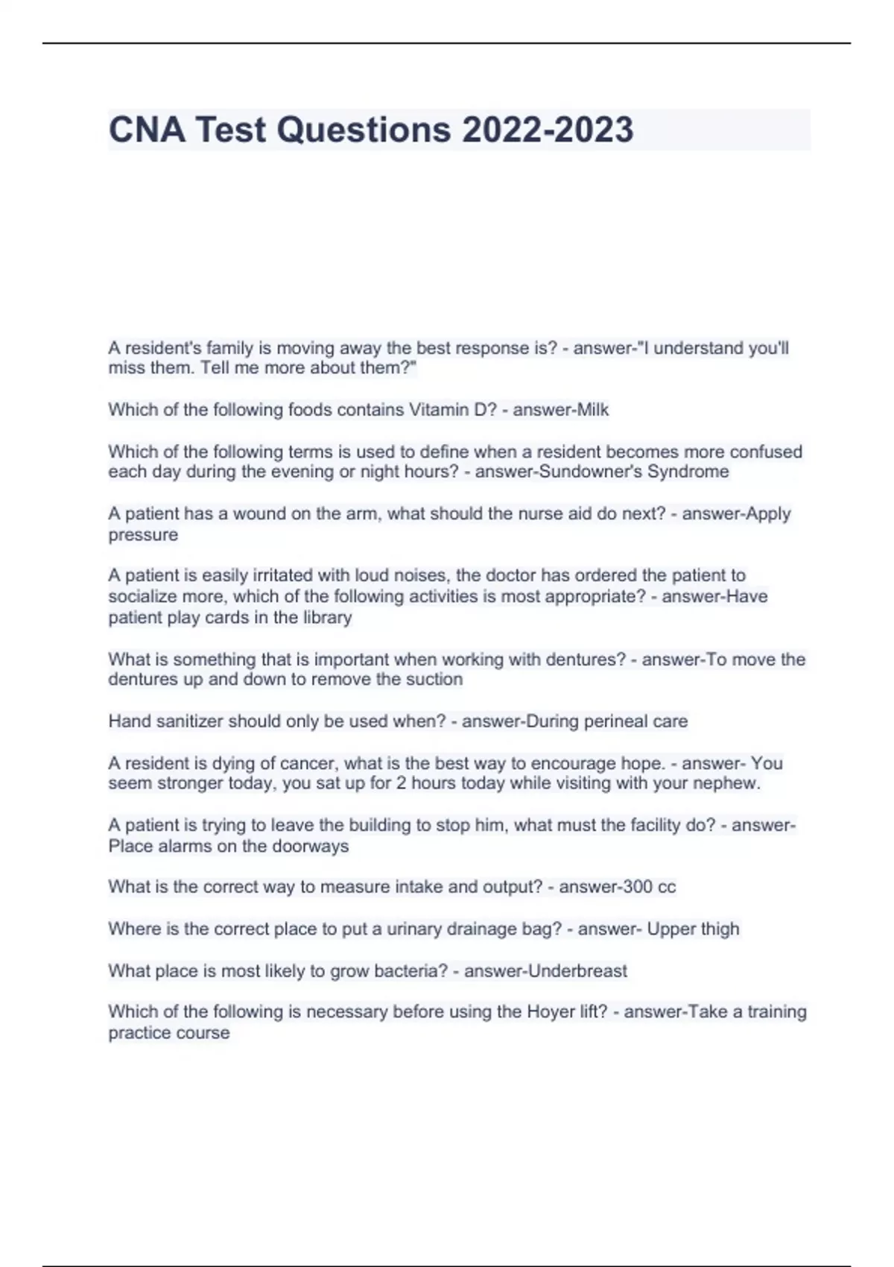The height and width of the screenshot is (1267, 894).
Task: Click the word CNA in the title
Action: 147,130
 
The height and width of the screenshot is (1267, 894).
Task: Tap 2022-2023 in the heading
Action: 548,130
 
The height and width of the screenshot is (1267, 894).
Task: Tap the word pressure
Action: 143,535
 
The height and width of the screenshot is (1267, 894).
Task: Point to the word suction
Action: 436,680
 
